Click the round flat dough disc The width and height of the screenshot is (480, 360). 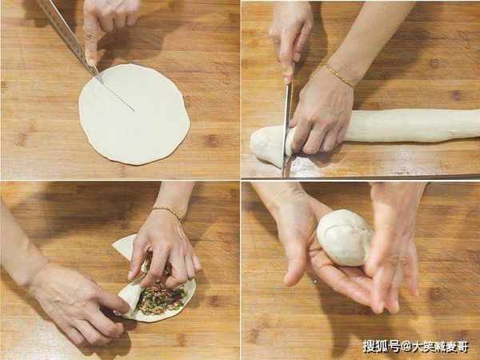[x=134, y=114]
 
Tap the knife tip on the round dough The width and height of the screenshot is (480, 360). [x=134, y=110]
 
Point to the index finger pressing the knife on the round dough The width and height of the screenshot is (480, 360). [x=91, y=37]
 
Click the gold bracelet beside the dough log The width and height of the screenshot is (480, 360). [x=339, y=76]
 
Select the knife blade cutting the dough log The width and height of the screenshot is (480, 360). [x=287, y=129]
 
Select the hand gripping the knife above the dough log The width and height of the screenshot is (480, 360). [x=290, y=40]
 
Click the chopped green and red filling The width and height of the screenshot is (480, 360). [x=162, y=294]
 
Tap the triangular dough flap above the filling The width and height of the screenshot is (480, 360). [x=126, y=248]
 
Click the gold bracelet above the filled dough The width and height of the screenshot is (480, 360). [x=167, y=211]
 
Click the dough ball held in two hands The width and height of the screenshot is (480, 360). [x=344, y=238]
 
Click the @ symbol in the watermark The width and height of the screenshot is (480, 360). [x=406, y=347]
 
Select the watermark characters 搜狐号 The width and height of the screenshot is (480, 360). [x=382, y=346]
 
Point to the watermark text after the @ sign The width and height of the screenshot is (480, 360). [x=440, y=347]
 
